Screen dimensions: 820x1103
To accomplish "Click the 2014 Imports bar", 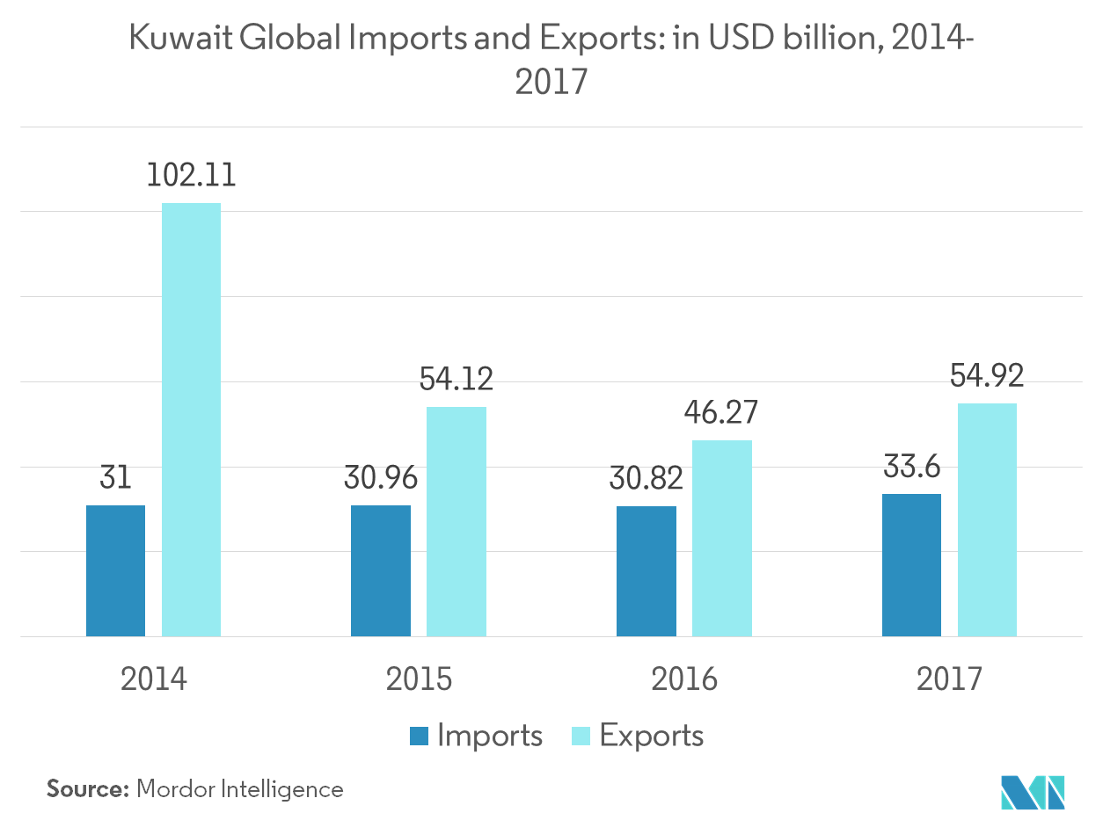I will click(x=115, y=570).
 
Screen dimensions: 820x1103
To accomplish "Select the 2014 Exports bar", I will click(x=191, y=419).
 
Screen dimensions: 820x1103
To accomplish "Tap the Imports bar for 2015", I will click(x=380, y=570).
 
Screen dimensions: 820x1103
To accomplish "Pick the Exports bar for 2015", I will click(x=456, y=521).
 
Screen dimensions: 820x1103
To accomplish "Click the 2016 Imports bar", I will click(x=646, y=571).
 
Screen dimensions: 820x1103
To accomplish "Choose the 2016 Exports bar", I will click(x=721, y=538).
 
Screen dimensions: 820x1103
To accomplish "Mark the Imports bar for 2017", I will click(x=911, y=564).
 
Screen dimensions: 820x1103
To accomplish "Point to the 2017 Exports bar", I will click(x=987, y=519).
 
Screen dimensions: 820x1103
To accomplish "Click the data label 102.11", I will click(x=191, y=174).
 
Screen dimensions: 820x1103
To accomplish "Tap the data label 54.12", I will click(x=456, y=379).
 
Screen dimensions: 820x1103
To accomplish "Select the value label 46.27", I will click(x=721, y=412).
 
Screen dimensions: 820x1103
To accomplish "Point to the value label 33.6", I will click(x=911, y=467).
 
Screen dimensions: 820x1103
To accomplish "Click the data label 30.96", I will click(x=380, y=478).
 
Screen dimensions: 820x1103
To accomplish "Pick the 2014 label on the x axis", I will click(x=154, y=678).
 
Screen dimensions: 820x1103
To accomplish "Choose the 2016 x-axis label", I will click(x=683, y=678).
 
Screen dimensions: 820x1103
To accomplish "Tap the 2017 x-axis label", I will click(x=948, y=678).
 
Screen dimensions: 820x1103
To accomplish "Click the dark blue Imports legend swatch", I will click(x=419, y=736).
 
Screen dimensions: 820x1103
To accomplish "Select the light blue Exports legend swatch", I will click(x=581, y=736).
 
